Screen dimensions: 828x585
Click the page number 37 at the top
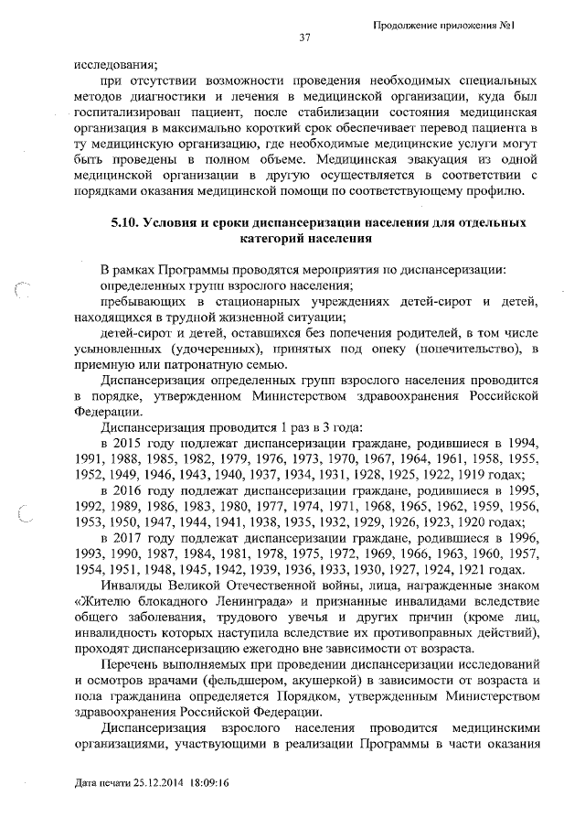tap(305, 38)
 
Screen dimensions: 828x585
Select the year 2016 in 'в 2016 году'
tap(128, 491)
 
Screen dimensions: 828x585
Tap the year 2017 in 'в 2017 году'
tap(128, 539)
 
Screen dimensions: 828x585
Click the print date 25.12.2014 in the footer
tap(158, 784)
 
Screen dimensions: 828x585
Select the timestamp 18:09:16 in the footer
tap(213, 784)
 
